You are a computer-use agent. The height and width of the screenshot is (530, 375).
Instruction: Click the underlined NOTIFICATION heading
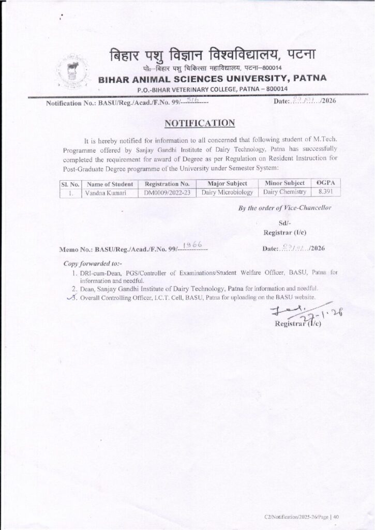(x=200, y=123)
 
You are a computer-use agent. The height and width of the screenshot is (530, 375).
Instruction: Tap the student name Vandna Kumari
(x=103, y=193)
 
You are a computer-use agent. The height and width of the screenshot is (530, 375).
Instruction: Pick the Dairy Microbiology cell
(x=227, y=193)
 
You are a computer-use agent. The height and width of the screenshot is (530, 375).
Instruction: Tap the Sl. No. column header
(x=69, y=184)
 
